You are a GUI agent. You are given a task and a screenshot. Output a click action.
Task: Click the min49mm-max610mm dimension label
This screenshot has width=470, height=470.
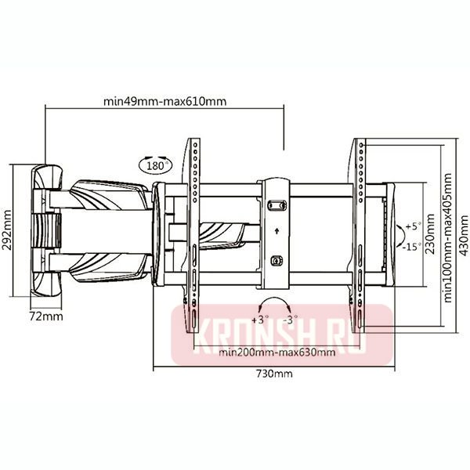164,102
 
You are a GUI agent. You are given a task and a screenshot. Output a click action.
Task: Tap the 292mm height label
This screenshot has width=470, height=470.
6,230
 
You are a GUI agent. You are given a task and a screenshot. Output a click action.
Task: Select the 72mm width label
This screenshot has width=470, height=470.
46,316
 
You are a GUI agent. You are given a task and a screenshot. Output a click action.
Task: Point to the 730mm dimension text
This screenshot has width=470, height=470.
274,374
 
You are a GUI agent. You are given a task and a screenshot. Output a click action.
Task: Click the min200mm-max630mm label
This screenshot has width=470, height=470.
277,352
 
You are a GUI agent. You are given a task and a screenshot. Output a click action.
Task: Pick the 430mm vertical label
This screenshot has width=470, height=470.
464,235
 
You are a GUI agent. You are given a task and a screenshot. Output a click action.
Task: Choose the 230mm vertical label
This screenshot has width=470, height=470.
430,233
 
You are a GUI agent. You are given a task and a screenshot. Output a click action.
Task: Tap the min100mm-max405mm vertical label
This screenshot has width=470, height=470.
447,237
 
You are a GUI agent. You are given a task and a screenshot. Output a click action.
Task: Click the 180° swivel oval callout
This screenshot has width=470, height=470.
156,164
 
